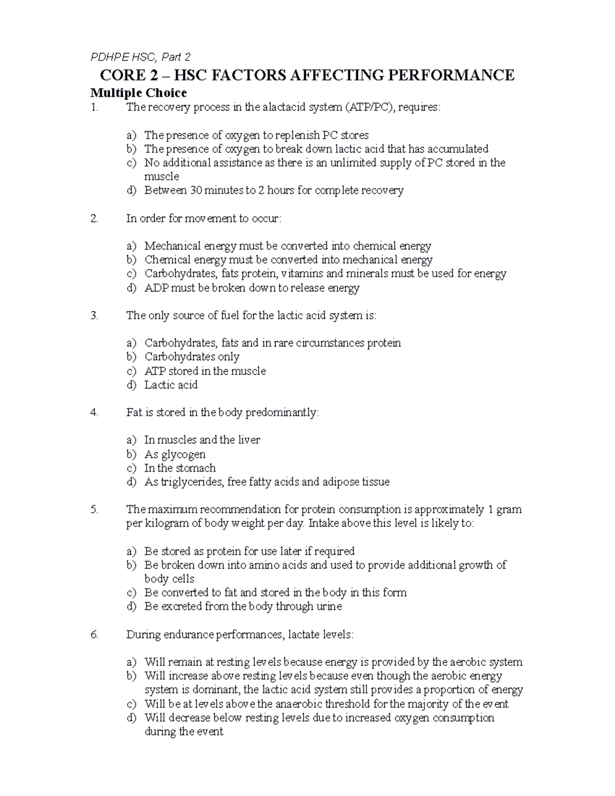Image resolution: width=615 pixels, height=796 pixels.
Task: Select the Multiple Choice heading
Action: coord(138,93)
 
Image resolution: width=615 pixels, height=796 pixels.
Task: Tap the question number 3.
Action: coord(94,316)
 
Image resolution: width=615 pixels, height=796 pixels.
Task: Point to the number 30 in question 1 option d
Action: coord(196,191)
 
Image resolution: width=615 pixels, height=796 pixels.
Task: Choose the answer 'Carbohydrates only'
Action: coord(192,357)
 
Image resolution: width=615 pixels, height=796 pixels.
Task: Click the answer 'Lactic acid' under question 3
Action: coord(171,385)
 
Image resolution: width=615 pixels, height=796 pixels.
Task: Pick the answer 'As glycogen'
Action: coord(175,455)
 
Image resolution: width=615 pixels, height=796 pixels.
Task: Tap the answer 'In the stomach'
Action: coord(180,468)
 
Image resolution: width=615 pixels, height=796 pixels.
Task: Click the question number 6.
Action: coord(94,635)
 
